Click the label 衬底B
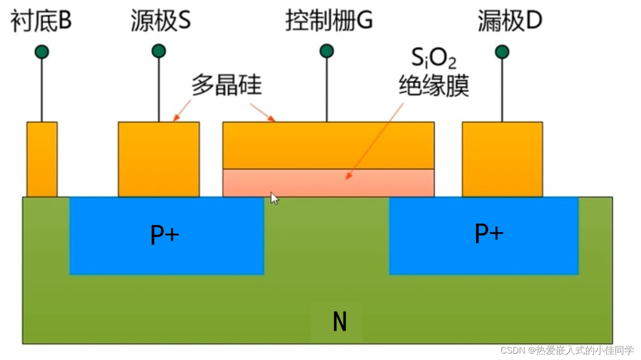41,22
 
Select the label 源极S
160,22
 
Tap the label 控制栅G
329,22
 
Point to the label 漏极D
509,22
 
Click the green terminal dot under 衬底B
42,51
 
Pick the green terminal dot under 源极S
159,51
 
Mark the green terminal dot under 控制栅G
326,51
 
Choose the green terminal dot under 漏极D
502,51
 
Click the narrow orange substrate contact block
42,159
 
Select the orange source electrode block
159,159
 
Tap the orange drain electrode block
502,159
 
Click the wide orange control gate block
328,145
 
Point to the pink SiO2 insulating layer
328,182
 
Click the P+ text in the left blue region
164,235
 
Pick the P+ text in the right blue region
489,233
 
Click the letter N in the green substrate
340,322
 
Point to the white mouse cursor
274,198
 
